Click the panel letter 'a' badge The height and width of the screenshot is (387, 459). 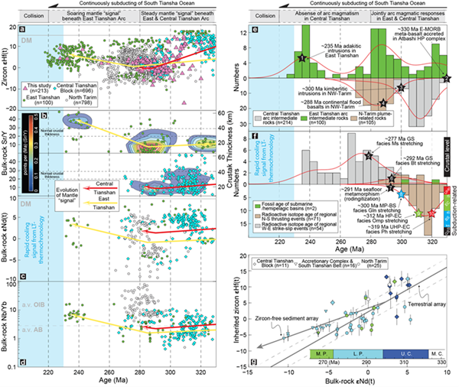point(26,32)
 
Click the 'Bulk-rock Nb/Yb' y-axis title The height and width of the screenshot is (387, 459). point(7,326)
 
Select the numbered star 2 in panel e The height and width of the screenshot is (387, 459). point(446,79)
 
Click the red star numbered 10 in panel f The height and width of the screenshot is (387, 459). point(433,214)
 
